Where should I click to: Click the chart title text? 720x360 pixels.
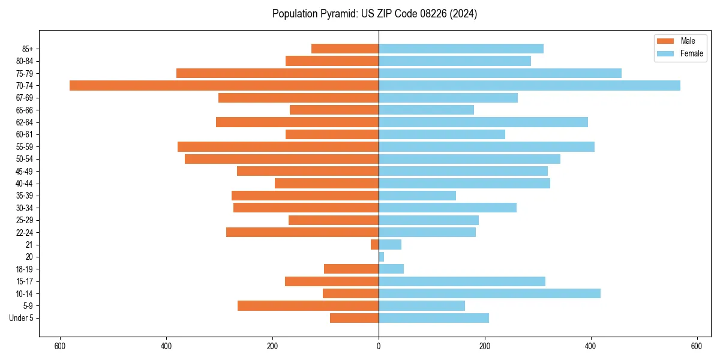[x=374, y=14]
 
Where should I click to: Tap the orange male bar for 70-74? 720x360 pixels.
[x=224, y=85]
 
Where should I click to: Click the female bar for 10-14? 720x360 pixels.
[x=489, y=293]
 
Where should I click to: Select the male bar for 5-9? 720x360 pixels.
[x=308, y=305]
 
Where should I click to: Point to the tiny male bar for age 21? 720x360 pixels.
[x=374, y=244]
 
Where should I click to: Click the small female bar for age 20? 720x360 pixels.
[x=381, y=257]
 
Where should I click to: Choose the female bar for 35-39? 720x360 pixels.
[x=417, y=196]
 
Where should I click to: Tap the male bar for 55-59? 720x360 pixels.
[x=278, y=146]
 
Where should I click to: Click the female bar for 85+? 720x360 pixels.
[x=461, y=49]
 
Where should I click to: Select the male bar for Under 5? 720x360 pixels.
[x=354, y=318]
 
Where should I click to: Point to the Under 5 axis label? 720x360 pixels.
[x=21, y=318]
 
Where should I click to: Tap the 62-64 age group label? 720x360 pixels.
[x=25, y=122]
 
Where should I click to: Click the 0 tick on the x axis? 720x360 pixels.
[x=379, y=346]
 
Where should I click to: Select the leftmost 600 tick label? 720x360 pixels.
[x=59, y=346]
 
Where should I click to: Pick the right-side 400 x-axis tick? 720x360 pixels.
[x=591, y=346]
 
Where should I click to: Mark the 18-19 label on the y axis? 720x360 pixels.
[x=25, y=269]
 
